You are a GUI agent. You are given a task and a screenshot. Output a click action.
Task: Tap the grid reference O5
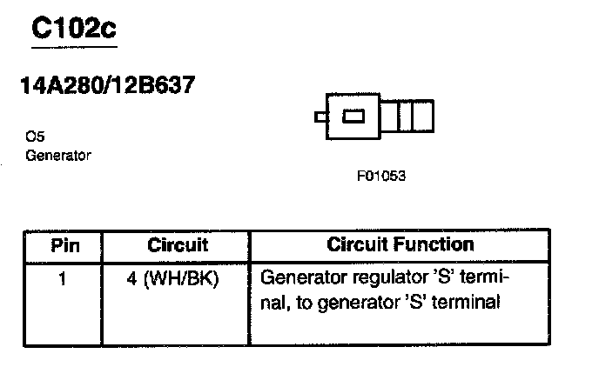(x=36, y=137)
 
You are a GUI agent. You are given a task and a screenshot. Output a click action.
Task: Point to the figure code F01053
(x=380, y=176)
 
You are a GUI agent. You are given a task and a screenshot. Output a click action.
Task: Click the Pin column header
(x=65, y=245)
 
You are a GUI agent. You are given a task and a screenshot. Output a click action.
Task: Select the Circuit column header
(x=177, y=245)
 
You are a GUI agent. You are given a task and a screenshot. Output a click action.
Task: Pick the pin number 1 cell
(x=65, y=281)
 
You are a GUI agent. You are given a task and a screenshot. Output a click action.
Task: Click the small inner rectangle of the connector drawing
(x=354, y=117)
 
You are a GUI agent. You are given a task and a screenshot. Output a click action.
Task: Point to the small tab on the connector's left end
(x=321, y=117)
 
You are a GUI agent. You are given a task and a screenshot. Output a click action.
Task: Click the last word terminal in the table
(x=471, y=304)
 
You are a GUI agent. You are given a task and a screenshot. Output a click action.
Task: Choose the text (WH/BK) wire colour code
(x=186, y=281)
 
